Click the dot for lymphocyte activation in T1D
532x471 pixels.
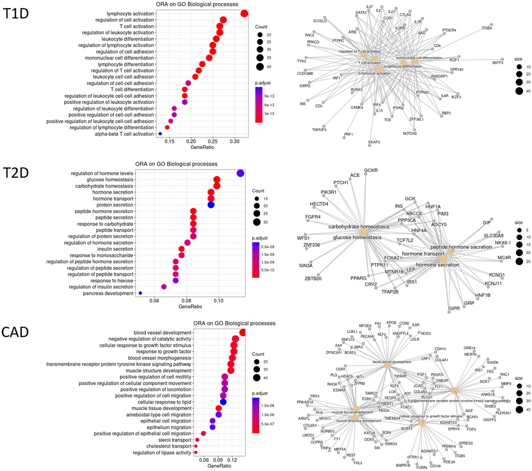(244, 14)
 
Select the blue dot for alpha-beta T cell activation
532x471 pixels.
(160, 134)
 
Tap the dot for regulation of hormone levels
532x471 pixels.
(240, 173)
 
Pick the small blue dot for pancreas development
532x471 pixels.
(140, 293)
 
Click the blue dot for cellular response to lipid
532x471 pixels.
(223, 402)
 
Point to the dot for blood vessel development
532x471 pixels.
(243, 332)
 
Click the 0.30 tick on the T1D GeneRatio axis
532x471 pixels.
(234, 142)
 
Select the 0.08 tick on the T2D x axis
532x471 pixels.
(186, 301)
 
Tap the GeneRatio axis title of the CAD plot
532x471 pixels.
(219, 466)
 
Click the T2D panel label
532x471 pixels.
(16, 173)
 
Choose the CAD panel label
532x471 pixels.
(15, 332)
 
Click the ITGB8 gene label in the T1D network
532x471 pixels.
(487, 28)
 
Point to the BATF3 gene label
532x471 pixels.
(497, 63)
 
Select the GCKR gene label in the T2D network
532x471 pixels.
(371, 170)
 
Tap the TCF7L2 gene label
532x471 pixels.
(405, 240)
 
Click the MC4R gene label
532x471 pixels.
(504, 258)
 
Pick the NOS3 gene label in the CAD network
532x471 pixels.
(426, 333)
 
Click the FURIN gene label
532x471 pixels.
(422, 467)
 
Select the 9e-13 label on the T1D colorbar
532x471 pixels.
(269, 96)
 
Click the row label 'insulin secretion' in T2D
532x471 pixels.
(115, 249)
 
